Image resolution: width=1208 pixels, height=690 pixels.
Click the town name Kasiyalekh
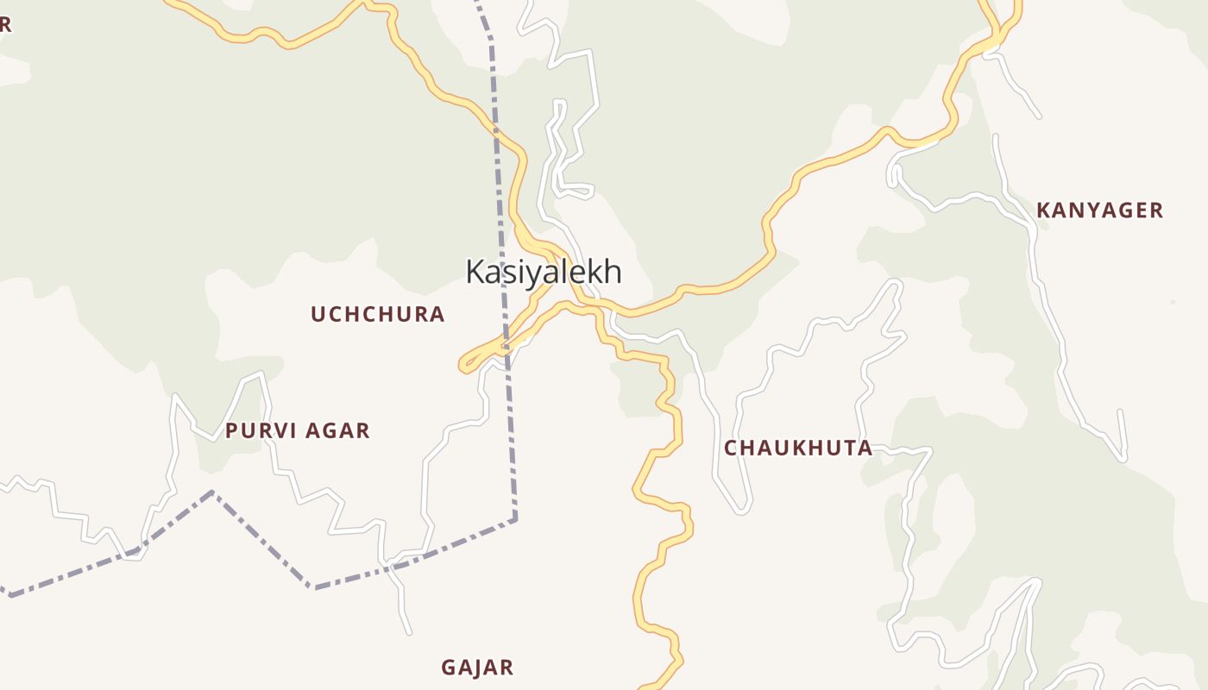[544, 272]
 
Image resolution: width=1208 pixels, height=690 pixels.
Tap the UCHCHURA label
[378, 314]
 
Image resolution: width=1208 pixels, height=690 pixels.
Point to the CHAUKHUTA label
[798, 448]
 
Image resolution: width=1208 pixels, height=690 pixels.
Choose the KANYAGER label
[1100, 210]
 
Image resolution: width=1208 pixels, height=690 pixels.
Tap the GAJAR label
[477, 668]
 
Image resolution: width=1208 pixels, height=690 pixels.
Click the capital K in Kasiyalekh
[475, 272]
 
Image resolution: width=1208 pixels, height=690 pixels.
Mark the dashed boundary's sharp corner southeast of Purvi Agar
[515, 519]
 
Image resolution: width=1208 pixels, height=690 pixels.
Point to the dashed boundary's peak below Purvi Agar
[212, 492]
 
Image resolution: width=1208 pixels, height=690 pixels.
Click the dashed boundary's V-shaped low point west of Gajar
[312, 587]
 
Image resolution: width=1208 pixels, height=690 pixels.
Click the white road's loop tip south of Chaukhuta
[741, 511]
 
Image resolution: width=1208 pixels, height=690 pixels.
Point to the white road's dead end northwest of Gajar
[409, 632]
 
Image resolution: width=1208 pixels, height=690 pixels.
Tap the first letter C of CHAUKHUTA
[731, 448]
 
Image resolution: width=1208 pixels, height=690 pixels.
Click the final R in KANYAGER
[1156, 210]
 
